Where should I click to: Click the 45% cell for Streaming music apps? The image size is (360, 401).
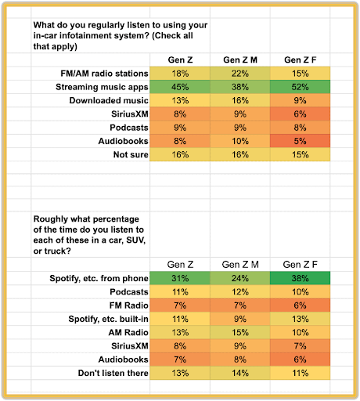coord(180,87)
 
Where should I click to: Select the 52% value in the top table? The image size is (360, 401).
coord(300,87)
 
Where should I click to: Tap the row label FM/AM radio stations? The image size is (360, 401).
coord(104,74)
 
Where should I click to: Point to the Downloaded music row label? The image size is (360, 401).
coord(109,100)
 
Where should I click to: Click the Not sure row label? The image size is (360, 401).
coord(131,154)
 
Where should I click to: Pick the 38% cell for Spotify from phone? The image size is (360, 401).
coord(300,278)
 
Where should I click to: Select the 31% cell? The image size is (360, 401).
coord(180,278)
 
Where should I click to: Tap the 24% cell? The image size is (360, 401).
coord(240,278)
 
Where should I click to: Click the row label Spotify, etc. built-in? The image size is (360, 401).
coord(108,319)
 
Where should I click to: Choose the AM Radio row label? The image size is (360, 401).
coord(128,332)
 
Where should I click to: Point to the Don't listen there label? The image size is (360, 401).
coord(113,373)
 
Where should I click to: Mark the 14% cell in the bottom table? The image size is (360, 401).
coord(240,373)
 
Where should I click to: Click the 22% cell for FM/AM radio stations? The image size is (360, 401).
coord(240,74)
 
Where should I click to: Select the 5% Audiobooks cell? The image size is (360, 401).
coord(300,141)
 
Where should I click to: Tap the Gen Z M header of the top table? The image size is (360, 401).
coord(240,60)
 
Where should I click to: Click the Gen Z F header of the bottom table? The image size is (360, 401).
coord(301,265)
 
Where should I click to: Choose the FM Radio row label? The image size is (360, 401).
coord(129,305)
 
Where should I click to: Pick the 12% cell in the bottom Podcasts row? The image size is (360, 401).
coord(240,292)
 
